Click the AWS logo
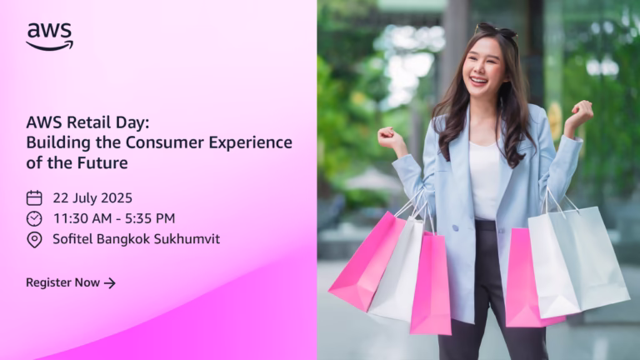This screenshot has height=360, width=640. tap(49, 37)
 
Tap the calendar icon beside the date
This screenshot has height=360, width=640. tap(34, 198)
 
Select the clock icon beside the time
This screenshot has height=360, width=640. tap(34, 219)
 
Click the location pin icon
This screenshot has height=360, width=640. tap(34, 240)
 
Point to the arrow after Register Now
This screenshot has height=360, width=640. tap(110, 282)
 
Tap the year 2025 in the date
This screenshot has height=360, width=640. tap(117, 198)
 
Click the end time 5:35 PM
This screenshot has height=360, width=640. tap(150, 218)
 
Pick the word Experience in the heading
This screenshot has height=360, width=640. tap(251, 142)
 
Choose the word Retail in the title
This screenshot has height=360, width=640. tap(82, 122)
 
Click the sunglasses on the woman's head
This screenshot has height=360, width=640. tap(497, 30)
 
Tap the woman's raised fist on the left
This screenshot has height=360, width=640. tap(391, 138)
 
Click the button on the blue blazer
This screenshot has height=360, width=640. tap(455, 227)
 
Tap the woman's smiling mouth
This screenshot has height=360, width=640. tap(479, 80)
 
